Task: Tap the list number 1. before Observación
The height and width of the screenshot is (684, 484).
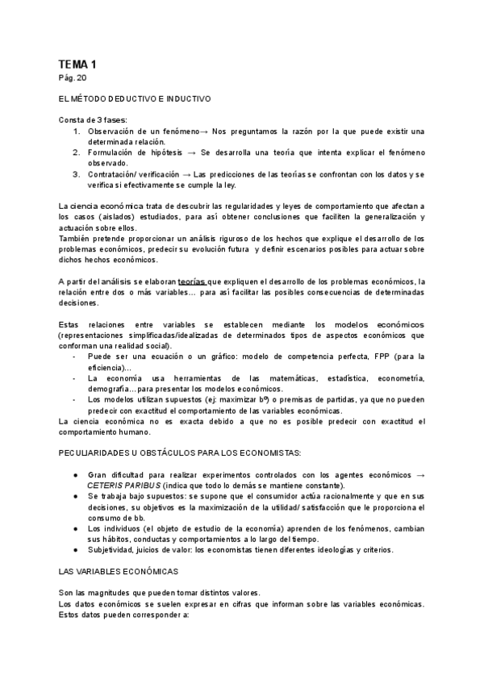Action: (x=77, y=131)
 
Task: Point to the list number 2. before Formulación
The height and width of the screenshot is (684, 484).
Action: (x=77, y=151)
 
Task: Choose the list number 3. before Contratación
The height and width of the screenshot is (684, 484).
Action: (x=77, y=173)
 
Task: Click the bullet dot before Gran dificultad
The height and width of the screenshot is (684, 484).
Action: (x=76, y=474)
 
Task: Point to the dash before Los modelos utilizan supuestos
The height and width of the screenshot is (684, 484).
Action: (x=76, y=398)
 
